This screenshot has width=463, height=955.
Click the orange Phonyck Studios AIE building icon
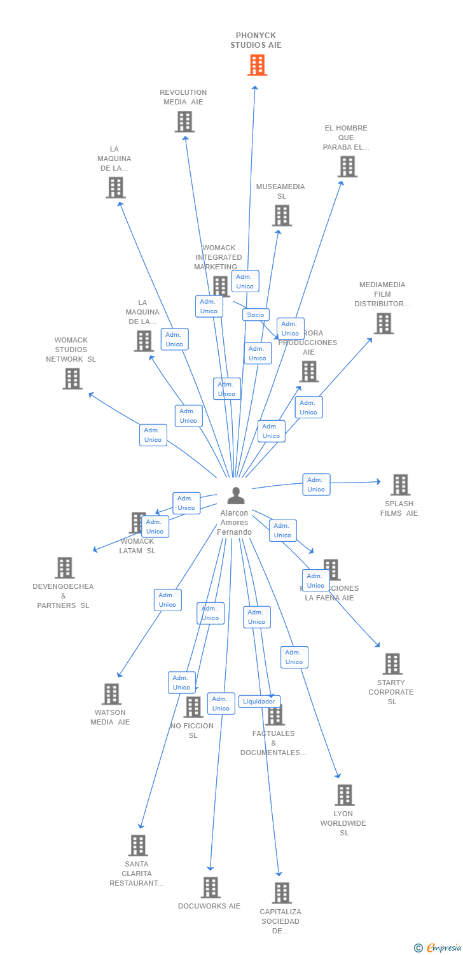click(x=257, y=65)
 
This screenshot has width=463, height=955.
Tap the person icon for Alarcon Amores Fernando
click(x=236, y=495)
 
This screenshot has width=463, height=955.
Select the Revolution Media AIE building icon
click(x=184, y=122)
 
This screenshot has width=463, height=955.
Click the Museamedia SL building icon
click(x=282, y=215)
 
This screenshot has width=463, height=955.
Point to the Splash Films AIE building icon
click(x=400, y=485)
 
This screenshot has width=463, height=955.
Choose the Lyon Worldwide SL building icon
click(x=344, y=795)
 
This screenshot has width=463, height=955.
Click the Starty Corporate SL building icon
click(x=392, y=664)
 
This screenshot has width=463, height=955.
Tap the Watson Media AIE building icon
click(x=111, y=694)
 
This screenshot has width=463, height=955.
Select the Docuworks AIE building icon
click(x=211, y=888)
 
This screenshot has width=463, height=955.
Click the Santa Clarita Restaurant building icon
click(x=138, y=845)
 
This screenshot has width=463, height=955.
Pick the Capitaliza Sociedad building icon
click(x=282, y=893)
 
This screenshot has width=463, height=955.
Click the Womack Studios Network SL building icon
click(x=73, y=379)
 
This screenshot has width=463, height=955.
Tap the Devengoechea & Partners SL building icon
click(x=65, y=568)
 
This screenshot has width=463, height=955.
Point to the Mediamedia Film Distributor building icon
click(x=384, y=323)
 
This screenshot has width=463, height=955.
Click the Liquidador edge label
click(x=259, y=702)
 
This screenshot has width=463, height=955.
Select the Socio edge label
click(x=256, y=315)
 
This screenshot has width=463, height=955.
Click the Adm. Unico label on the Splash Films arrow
click(x=316, y=485)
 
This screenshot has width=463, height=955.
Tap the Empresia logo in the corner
click(x=438, y=948)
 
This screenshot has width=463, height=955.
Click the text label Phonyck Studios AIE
click(x=256, y=40)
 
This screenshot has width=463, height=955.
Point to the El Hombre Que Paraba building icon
click(x=347, y=167)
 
